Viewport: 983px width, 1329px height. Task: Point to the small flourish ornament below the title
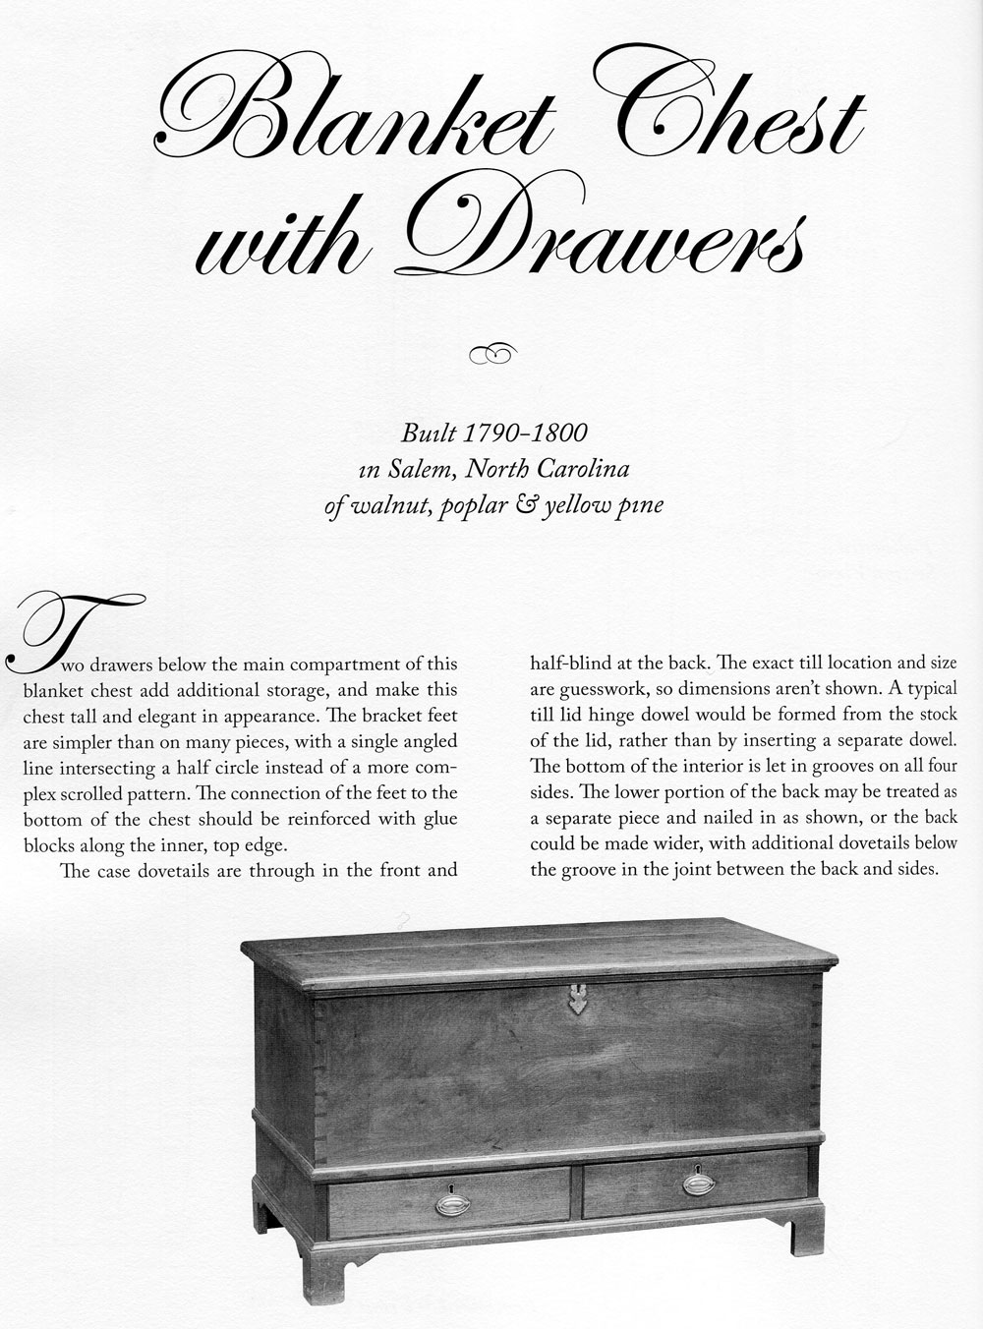[x=492, y=352]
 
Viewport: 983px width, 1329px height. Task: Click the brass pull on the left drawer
[x=452, y=1202]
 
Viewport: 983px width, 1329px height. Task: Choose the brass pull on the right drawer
[x=699, y=1184]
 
